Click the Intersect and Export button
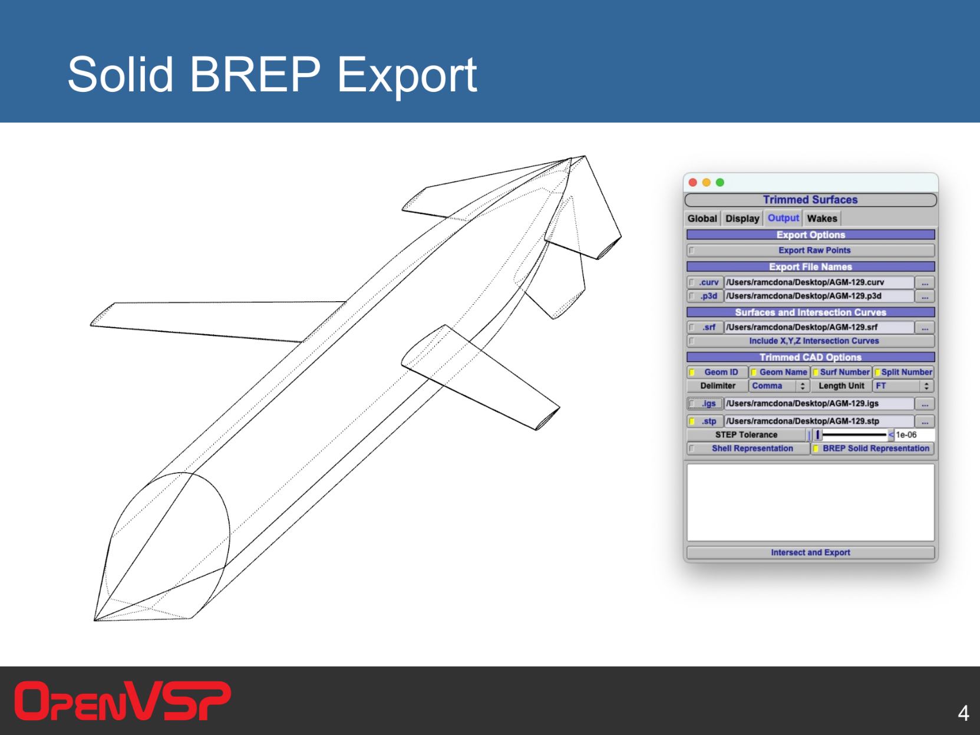pos(810,552)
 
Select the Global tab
pos(702,218)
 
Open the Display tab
pos(742,218)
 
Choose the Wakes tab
pos(822,218)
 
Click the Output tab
pos(783,218)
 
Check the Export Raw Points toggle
pos(810,251)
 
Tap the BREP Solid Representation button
pos(872,449)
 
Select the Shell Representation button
pos(748,449)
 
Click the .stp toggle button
pos(705,421)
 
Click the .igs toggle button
pos(705,404)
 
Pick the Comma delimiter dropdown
pos(778,386)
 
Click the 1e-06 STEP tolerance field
pos(914,435)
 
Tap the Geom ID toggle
pos(717,372)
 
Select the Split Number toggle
pos(903,372)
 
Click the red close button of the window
pos(693,182)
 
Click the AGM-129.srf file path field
pos(819,327)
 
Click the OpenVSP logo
pos(123,701)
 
